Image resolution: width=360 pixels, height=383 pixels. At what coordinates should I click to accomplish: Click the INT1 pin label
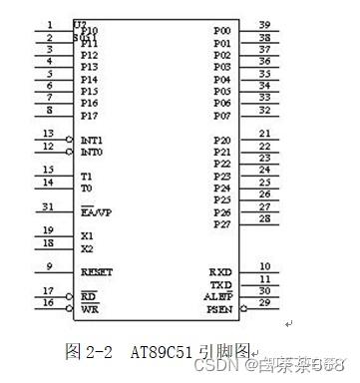click(92, 141)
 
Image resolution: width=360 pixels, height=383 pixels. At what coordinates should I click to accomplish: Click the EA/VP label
click(96, 212)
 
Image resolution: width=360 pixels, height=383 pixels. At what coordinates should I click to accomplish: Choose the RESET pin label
click(97, 272)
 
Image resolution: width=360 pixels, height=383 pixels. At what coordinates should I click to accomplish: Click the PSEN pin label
click(219, 309)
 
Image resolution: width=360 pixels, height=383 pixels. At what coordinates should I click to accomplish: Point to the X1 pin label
click(87, 236)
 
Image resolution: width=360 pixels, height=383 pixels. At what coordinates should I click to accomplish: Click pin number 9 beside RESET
click(49, 266)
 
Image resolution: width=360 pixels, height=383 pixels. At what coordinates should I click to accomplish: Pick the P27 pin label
click(221, 224)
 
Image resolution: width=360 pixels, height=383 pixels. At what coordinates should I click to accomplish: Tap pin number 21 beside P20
click(265, 134)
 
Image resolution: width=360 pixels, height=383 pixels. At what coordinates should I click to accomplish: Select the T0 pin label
click(87, 188)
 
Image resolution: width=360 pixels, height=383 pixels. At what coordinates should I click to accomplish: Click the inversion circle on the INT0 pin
click(70, 153)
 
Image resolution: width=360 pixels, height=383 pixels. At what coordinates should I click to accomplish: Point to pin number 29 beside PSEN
click(265, 302)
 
